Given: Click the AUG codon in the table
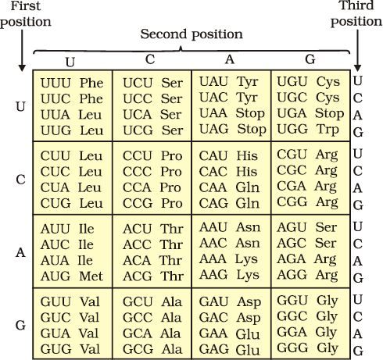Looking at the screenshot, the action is [55, 276].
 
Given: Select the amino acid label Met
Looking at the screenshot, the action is [91, 276].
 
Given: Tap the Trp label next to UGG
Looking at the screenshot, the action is [328, 130].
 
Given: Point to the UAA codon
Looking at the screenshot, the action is [213, 113].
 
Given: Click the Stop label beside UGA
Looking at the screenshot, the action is [329, 114].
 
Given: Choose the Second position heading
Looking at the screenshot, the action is [191, 34].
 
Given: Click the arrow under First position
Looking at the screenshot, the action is [22, 51].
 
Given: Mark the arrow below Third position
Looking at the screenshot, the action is [357, 51].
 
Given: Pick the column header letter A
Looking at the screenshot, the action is [230, 59].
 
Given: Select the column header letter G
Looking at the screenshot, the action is [310, 59].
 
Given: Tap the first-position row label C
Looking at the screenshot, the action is [20, 180].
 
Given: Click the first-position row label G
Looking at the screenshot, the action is [20, 325].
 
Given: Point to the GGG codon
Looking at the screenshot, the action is [292, 348].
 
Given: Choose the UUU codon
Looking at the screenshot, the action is [55, 83].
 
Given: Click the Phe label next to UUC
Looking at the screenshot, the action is [91, 98].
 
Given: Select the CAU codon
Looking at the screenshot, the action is [213, 156].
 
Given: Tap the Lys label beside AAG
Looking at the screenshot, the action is [248, 276].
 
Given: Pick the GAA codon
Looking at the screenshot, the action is [213, 333].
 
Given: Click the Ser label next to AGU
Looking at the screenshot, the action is [326, 227].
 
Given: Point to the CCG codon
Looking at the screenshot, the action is [138, 203].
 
